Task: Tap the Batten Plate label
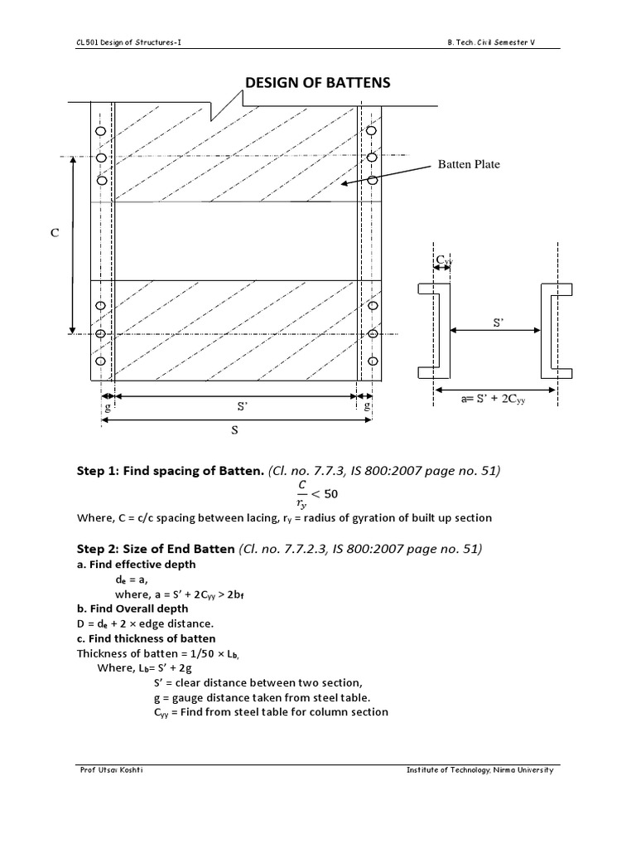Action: [469, 164]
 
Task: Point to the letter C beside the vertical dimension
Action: [55, 235]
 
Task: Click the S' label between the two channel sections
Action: [499, 323]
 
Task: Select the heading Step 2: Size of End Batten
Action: [156, 549]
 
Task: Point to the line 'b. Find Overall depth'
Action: [132, 609]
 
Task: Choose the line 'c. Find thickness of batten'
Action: [146, 638]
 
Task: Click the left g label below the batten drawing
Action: [108, 406]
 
